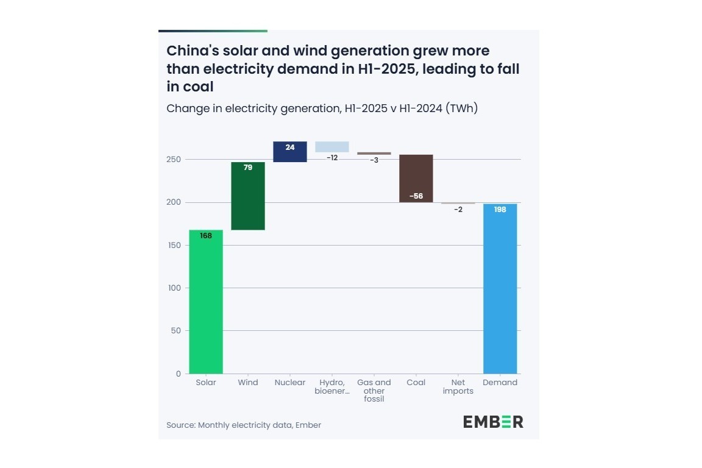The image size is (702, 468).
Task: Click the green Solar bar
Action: pyautogui.click(x=206, y=302)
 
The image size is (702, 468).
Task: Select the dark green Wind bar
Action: pyautogui.click(x=248, y=196)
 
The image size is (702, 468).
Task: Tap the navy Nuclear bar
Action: pyautogui.click(x=290, y=152)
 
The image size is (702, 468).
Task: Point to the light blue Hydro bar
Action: pyautogui.click(x=332, y=147)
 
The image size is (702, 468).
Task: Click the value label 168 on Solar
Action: pyautogui.click(x=206, y=236)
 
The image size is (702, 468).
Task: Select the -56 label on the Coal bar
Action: pyautogui.click(x=416, y=196)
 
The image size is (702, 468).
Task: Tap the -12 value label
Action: pyautogui.click(x=332, y=158)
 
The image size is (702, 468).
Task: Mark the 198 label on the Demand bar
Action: pyautogui.click(x=500, y=210)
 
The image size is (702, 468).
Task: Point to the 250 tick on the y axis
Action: pyautogui.click(x=174, y=160)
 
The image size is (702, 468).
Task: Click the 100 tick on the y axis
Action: pyautogui.click(x=174, y=288)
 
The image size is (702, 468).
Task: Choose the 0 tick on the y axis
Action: pyautogui.click(x=179, y=374)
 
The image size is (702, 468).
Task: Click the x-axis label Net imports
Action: pyautogui.click(x=458, y=387)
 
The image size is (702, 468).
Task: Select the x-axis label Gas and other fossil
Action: pyautogui.click(x=374, y=391)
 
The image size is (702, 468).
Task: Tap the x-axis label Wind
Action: pyautogui.click(x=248, y=383)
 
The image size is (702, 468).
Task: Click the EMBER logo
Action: pyautogui.click(x=492, y=422)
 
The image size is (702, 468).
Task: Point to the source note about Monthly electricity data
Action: pyautogui.click(x=244, y=425)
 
